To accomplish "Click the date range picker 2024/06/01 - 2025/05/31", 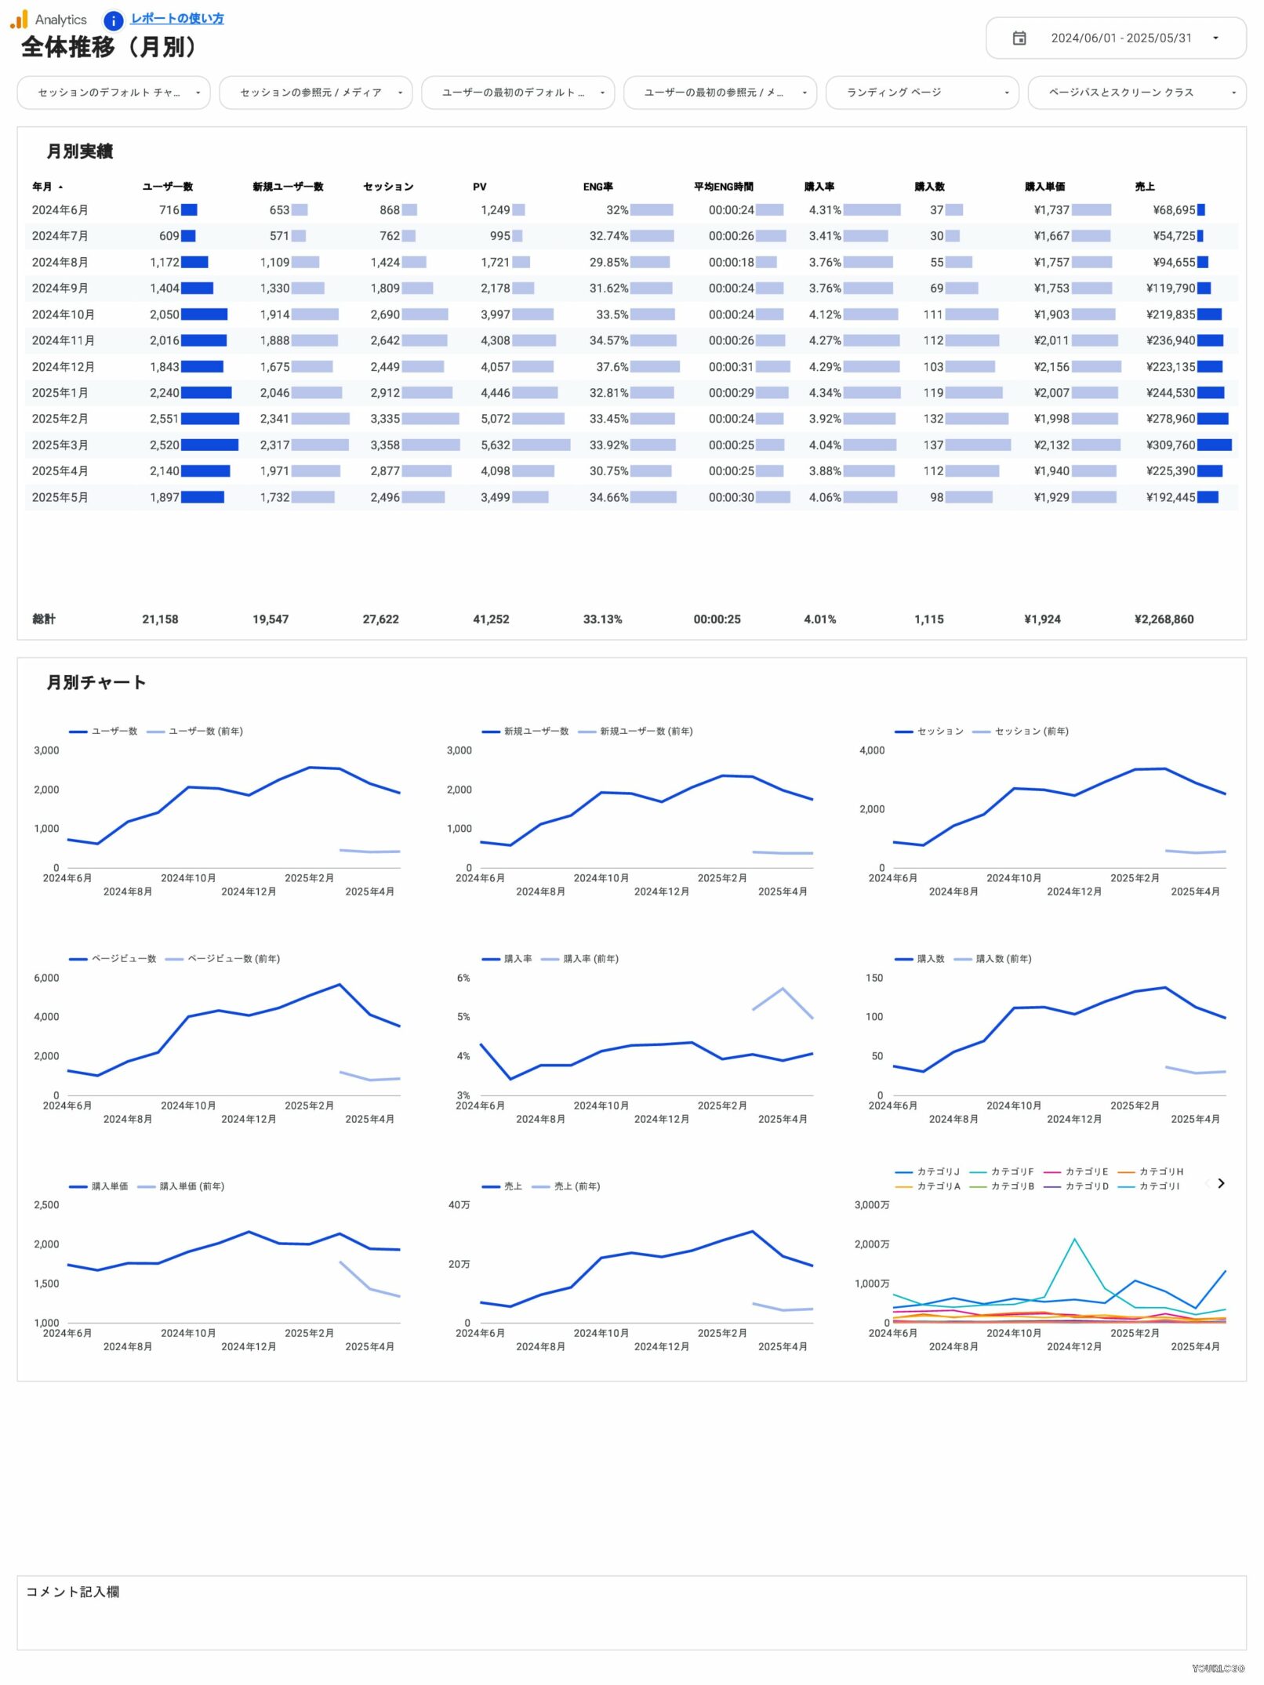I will pyautogui.click(x=1115, y=38).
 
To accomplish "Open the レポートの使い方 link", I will pyautogui.click(x=176, y=18).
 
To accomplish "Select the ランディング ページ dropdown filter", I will pyautogui.click(x=921, y=93).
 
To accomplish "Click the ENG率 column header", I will pyautogui.click(x=597, y=187).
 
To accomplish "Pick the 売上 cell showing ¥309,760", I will pyautogui.click(x=1170, y=445).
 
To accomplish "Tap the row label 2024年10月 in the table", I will pyautogui.click(x=63, y=314).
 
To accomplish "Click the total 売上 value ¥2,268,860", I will pyautogui.click(x=1164, y=619).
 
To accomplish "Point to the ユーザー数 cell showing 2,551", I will pyautogui.click(x=164, y=419).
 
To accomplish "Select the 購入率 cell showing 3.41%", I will pyautogui.click(x=824, y=236).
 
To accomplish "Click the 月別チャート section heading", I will pyautogui.click(x=96, y=682).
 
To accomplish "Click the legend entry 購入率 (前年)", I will pyautogui.click(x=590, y=959).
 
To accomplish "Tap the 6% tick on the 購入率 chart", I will pyautogui.click(x=463, y=978).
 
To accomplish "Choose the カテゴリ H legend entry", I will pyautogui.click(x=1160, y=1171).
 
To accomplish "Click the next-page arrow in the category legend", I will pyautogui.click(x=1220, y=1183).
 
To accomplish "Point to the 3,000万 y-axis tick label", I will pyautogui.click(x=871, y=1205).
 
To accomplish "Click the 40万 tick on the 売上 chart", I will pyautogui.click(x=459, y=1205).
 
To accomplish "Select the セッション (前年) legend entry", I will pyautogui.click(x=1030, y=732).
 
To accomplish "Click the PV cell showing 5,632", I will pyautogui.click(x=495, y=445).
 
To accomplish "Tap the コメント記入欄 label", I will pyautogui.click(x=72, y=1592).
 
